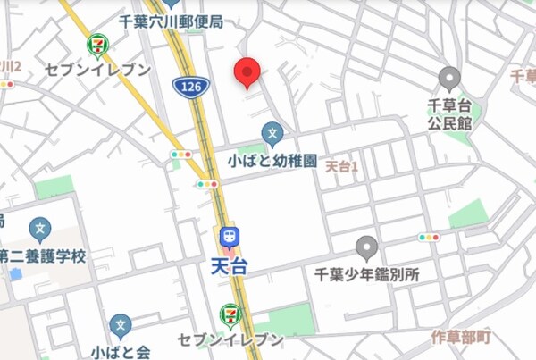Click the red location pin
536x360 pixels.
tap(247, 72)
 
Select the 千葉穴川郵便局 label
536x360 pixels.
tap(171, 21)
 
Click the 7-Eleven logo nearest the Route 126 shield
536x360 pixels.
tap(97, 43)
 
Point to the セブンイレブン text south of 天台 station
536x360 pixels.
tap(230, 340)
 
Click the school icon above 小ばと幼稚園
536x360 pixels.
tap(273, 136)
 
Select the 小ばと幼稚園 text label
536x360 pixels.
tap(273, 162)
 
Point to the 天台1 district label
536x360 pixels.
tap(340, 166)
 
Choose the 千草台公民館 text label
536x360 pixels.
tap(449, 113)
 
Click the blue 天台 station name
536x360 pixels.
tap(230, 265)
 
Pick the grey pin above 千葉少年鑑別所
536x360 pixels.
tap(366, 247)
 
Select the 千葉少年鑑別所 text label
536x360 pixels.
tap(367, 275)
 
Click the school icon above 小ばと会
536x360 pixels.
tap(121, 325)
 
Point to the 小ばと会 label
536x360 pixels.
tap(121, 350)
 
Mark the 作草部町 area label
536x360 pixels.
tap(459, 337)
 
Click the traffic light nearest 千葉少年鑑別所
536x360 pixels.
tap(429, 238)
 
